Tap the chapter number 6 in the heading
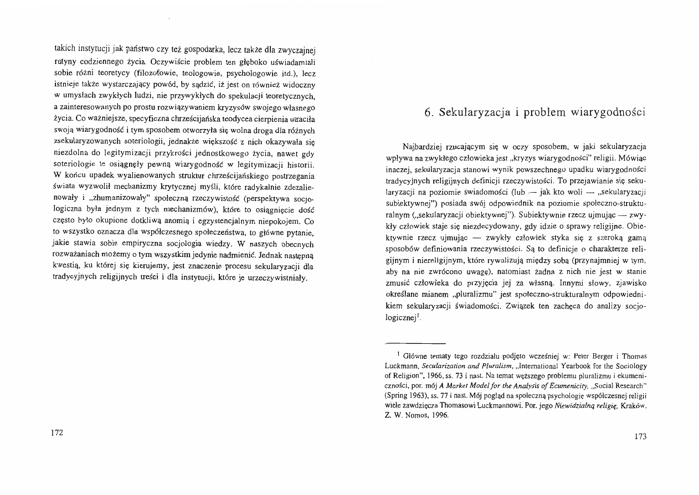pyautogui.click(x=428, y=113)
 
